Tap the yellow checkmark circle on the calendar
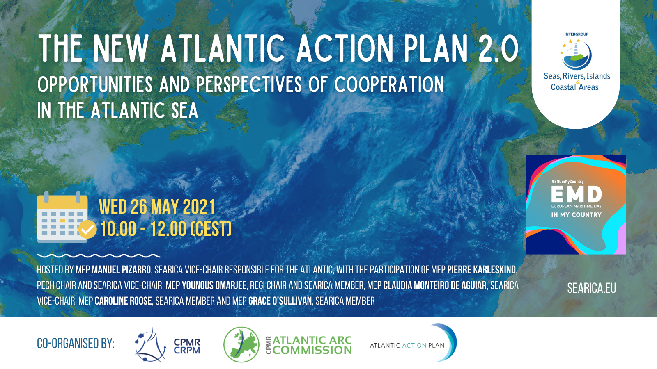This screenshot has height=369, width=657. coord(87,230)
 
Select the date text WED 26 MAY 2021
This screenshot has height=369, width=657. coord(157,207)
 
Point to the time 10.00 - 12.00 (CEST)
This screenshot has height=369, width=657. coord(166,229)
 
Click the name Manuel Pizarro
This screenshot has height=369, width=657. coord(121,270)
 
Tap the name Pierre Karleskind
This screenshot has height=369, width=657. coord(481,270)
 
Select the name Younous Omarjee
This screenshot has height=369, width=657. coord(214,285)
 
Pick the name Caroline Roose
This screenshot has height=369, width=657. coord(123,301)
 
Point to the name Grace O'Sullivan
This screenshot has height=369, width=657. coord(280,301)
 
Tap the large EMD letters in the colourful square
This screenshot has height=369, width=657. coord(577,194)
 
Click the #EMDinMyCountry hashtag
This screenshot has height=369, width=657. coord(567,182)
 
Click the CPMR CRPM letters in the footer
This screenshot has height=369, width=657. coord(187,346)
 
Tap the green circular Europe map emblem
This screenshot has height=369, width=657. coord(241,345)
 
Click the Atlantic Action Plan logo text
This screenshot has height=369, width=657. coord(407,346)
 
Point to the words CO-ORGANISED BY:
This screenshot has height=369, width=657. coord(76,344)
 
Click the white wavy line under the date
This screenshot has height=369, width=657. coord(99,256)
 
